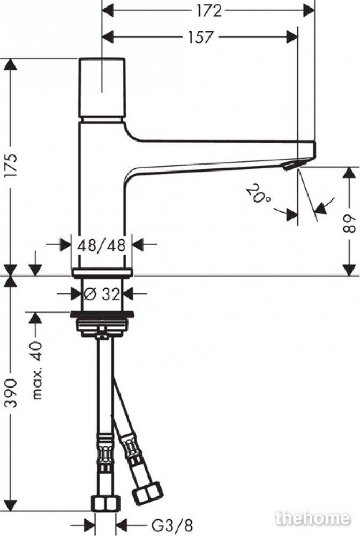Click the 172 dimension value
pyautogui.click(x=209, y=11)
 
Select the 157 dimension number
pyautogui.click(x=201, y=37)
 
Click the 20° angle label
pyautogui.click(x=258, y=193)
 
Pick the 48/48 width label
pyautogui.click(x=101, y=245)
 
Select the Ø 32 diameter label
pyautogui.click(x=101, y=294)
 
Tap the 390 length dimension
pyautogui.click(x=12, y=393)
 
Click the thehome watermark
pyautogui.click(x=312, y=518)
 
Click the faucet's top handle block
pyautogui.click(x=102, y=87)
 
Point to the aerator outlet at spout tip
pyautogui.click(x=290, y=166)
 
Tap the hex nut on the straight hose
pyautogui.click(x=106, y=503)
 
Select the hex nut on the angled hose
pyautogui.click(x=147, y=493)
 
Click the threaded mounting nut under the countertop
pyautogui.click(x=101, y=326)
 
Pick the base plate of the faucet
pyautogui.click(x=102, y=272)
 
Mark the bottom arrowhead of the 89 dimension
pyautogui.click(x=349, y=270)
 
